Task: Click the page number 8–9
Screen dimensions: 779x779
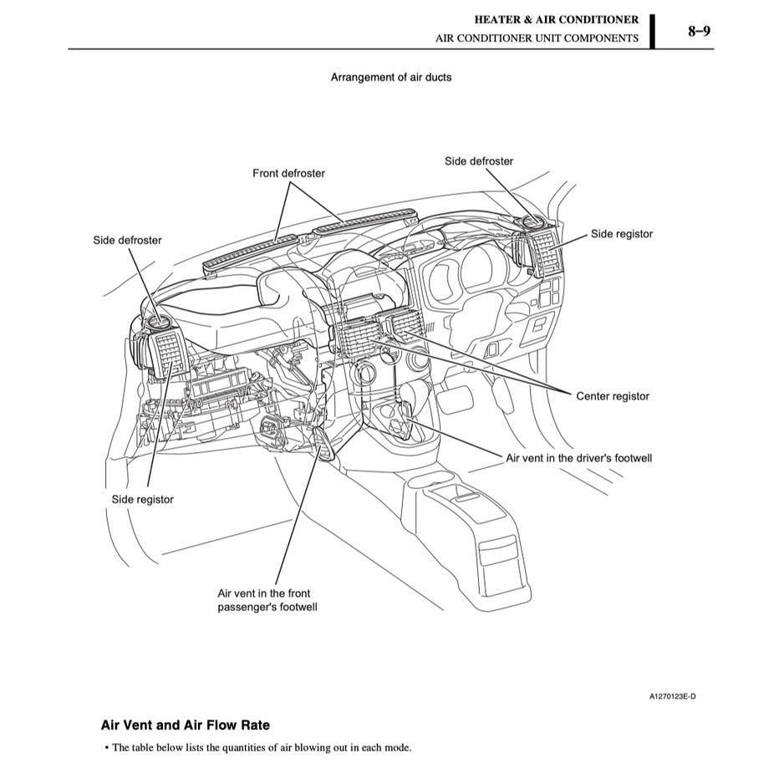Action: tap(699, 32)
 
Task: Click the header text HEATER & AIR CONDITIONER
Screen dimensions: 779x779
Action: tap(556, 19)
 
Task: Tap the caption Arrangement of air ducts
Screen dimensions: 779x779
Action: tap(390, 77)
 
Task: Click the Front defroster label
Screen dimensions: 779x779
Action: tap(288, 173)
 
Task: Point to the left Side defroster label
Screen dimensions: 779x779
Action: tap(127, 240)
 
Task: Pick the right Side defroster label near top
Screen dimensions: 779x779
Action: tap(478, 160)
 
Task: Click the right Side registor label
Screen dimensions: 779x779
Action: tap(621, 234)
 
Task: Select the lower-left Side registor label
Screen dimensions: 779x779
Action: tap(143, 499)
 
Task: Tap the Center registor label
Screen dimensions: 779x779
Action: tap(612, 396)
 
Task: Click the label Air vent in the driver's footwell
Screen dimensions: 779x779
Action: tap(578, 458)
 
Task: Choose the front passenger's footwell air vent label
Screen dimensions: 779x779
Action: tap(267, 599)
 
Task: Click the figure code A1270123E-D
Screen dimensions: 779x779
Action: tap(672, 696)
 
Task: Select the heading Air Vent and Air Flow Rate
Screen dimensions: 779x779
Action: tap(185, 726)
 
